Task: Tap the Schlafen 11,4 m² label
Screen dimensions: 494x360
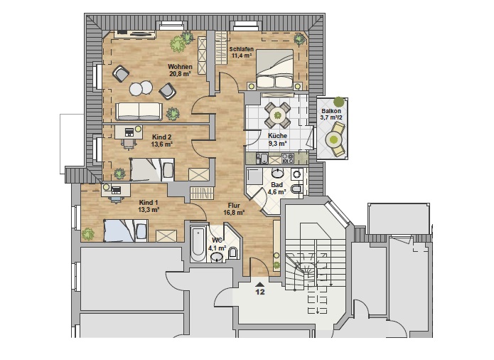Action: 242,53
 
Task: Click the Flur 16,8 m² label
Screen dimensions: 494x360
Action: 234,209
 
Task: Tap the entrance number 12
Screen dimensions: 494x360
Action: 260,292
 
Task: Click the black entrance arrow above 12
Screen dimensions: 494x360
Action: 260,284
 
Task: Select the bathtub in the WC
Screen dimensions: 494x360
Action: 198,243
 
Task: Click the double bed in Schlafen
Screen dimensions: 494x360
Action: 275,69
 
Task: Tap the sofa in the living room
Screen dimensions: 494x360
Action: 139,111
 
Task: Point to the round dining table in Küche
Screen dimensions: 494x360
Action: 277,115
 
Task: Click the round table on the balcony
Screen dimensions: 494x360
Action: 333,139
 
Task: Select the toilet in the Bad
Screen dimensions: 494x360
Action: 297,189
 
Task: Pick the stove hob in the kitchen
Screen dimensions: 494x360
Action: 288,158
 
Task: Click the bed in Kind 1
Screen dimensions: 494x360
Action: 126,231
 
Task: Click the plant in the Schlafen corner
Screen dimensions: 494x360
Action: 299,39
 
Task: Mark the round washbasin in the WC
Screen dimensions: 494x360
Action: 218,258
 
